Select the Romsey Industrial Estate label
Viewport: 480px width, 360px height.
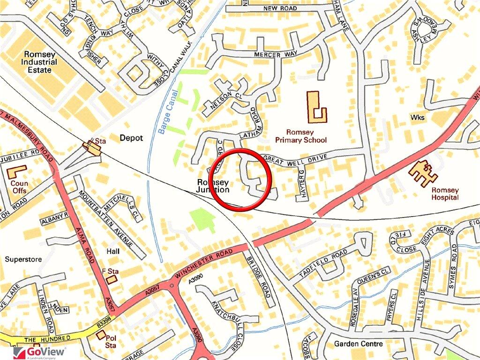tap(39, 62)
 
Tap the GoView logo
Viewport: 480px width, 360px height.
tap(39, 352)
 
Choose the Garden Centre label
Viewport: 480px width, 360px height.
tap(358, 344)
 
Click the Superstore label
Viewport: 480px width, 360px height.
tap(23, 259)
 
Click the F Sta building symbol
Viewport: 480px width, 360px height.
tap(112, 279)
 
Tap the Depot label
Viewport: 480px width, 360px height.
tap(131, 138)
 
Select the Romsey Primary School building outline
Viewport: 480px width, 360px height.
tap(316, 107)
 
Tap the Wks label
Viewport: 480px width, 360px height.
tap(417, 117)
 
